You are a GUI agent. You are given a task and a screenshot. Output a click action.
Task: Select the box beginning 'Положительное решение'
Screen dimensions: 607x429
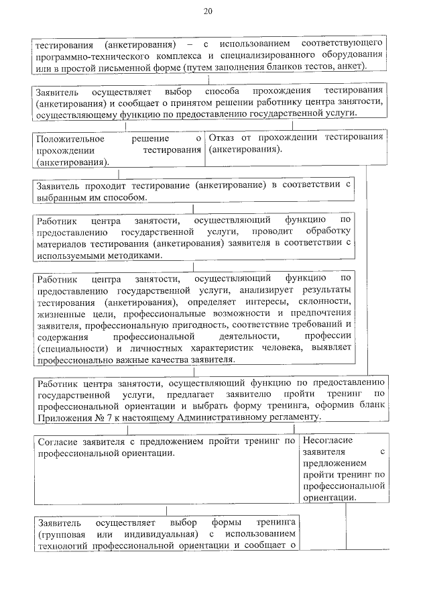(x=118, y=150)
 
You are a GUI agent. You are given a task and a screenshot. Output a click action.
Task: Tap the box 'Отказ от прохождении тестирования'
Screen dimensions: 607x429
(x=296, y=148)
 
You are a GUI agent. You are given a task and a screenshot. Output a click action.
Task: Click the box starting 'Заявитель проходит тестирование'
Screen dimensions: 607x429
(x=192, y=191)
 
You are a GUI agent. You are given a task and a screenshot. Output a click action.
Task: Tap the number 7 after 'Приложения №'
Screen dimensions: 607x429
(x=98, y=417)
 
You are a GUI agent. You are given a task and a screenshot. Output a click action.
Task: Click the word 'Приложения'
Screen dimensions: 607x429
(x=62, y=417)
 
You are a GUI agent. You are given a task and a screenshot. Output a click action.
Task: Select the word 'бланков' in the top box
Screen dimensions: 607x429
(x=286, y=66)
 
